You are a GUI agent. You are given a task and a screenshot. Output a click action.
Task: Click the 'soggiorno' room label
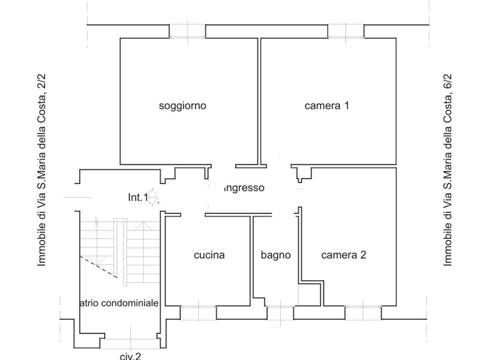[x=182, y=106]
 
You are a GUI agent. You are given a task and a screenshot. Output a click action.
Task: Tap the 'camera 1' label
[x=327, y=106]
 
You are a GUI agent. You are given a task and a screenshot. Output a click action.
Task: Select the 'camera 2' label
[x=344, y=255]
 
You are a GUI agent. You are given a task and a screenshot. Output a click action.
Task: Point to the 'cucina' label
[x=209, y=255]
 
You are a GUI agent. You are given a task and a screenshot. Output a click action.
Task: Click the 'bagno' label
[x=275, y=255]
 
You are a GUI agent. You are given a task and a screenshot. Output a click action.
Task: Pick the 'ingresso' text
[x=243, y=188]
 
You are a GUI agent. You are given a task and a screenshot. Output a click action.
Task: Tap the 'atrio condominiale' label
[x=119, y=303]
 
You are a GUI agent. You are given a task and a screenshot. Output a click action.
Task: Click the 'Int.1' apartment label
[x=137, y=197]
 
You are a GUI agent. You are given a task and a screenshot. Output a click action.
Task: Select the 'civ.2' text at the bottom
[x=130, y=356]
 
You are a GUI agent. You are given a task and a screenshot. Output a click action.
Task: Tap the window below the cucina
[x=198, y=312]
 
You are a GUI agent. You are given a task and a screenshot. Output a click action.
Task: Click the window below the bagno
[x=280, y=312]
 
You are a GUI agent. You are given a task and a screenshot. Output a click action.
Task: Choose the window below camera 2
[x=362, y=312]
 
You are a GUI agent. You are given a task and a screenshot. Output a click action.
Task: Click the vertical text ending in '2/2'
[x=41, y=170]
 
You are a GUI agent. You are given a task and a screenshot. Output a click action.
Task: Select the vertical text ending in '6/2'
[x=447, y=170]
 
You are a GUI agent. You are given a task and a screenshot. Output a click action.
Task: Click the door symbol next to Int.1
[x=153, y=197]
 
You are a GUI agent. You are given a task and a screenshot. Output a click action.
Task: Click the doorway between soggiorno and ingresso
[x=222, y=166]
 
